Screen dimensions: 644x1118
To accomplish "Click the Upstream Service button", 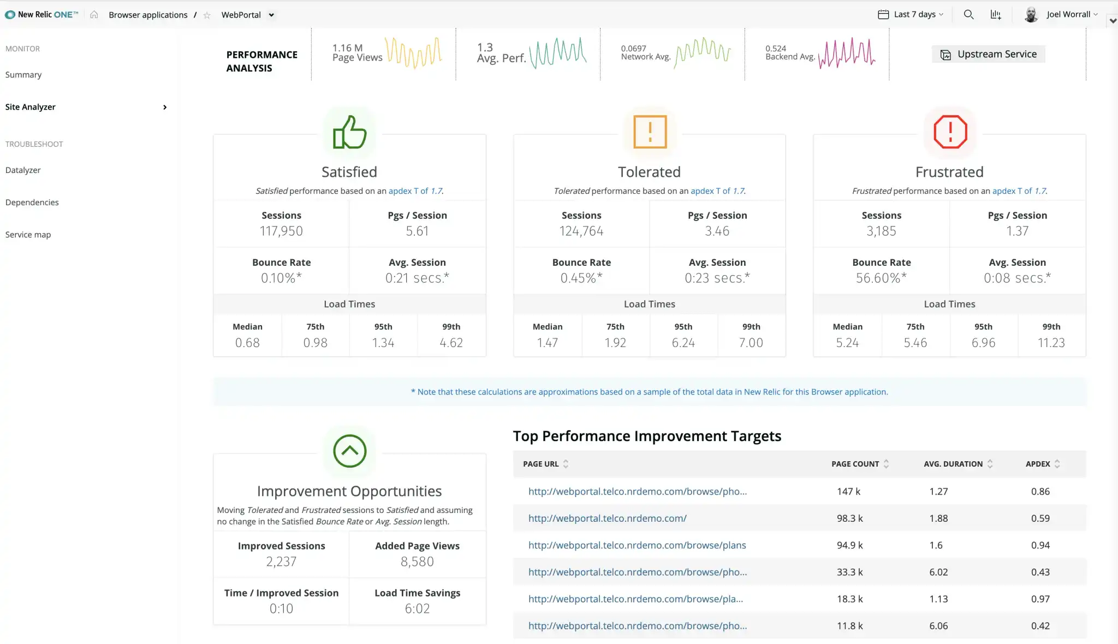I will [988, 54].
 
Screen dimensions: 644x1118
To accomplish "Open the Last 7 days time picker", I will [911, 15].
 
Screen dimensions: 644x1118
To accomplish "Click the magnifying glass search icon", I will [968, 15].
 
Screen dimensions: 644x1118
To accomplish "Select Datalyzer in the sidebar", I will [23, 170].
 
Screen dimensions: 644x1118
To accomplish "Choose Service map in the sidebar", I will [28, 235].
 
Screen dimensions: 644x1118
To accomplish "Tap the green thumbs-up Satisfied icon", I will [349, 132].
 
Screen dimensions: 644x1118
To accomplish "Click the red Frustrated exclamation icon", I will [950, 132].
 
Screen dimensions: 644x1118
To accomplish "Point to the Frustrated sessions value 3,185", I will [881, 231].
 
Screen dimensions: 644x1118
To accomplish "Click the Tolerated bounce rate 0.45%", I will [581, 278].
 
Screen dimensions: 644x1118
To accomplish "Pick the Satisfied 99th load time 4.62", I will [451, 343].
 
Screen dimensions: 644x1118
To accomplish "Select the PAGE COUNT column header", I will [855, 464].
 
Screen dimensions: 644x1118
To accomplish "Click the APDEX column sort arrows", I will [1057, 464].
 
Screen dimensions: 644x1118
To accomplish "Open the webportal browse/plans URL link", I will [637, 545].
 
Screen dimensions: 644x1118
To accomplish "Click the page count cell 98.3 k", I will [849, 518].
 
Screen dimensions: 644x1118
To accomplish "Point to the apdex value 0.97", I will [1040, 599].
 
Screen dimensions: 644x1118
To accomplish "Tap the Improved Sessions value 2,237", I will [281, 562].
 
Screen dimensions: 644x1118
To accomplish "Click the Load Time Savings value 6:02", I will [417, 609].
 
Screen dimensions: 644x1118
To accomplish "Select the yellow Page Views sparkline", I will [414, 53].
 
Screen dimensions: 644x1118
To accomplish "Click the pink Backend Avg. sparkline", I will [846, 53].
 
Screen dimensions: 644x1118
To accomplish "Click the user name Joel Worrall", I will [1068, 15].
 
